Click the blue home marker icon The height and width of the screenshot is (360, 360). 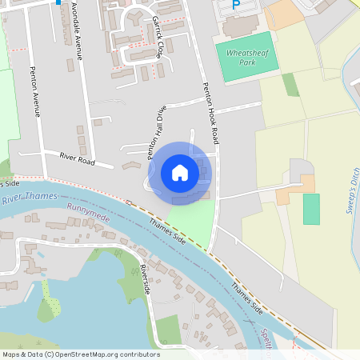click(x=180, y=173)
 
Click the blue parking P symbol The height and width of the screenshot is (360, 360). click(x=235, y=6)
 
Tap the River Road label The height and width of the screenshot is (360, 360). click(x=77, y=160)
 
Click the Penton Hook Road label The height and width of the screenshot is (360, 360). click(x=210, y=113)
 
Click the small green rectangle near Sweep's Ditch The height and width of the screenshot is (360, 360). click(x=311, y=208)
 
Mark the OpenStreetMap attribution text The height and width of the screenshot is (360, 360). click(x=81, y=354)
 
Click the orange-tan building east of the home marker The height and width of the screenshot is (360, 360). click(x=286, y=192)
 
